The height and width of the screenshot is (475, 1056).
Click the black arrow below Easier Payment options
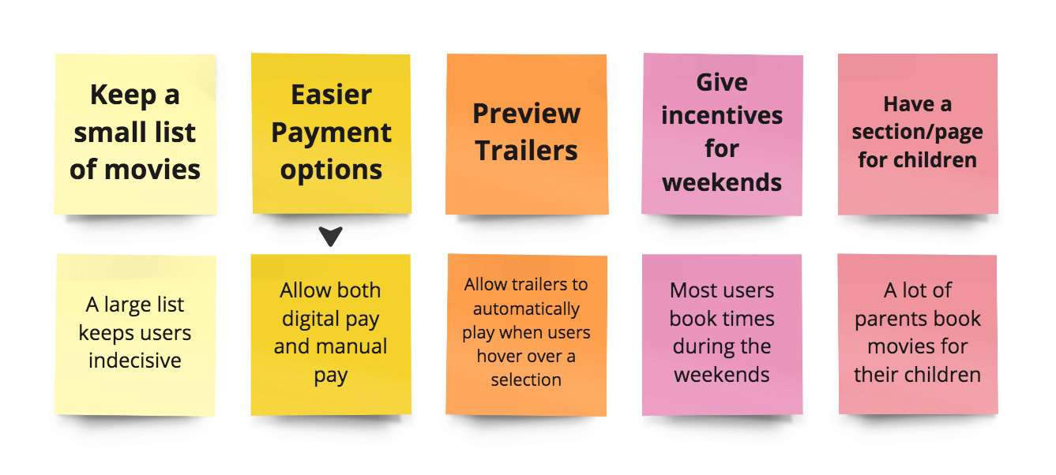tap(331, 236)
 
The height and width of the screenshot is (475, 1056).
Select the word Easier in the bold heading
tap(331, 95)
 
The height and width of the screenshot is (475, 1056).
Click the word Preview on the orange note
tap(526, 114)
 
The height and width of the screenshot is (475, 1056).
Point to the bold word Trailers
tap(526, 150)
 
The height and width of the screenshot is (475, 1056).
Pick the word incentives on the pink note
tap(722, 116)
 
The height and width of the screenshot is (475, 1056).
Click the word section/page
tap(917, 132)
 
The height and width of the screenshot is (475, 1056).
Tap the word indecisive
tap(135, 361)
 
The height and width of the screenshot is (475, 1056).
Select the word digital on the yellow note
tap(331, 319)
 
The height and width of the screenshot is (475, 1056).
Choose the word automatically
tap(526, 309)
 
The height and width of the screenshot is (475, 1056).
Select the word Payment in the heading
tap(331, 133)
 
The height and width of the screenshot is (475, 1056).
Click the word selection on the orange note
tap(526, 380)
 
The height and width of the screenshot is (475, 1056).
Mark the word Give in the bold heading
tap(722, 82)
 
